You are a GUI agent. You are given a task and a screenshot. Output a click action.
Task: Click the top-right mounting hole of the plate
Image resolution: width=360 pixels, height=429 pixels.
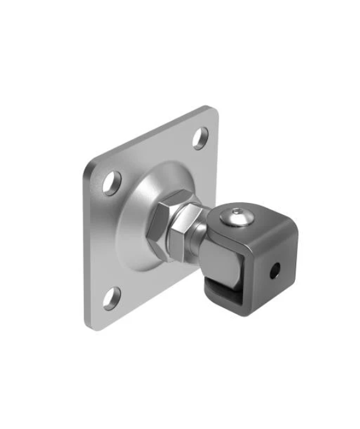(200, 138)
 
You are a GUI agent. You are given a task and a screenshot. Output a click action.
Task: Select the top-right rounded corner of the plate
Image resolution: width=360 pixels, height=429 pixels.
(213, 112)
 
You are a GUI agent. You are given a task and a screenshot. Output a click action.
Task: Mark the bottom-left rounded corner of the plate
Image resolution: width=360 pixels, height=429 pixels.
(88, 323)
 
